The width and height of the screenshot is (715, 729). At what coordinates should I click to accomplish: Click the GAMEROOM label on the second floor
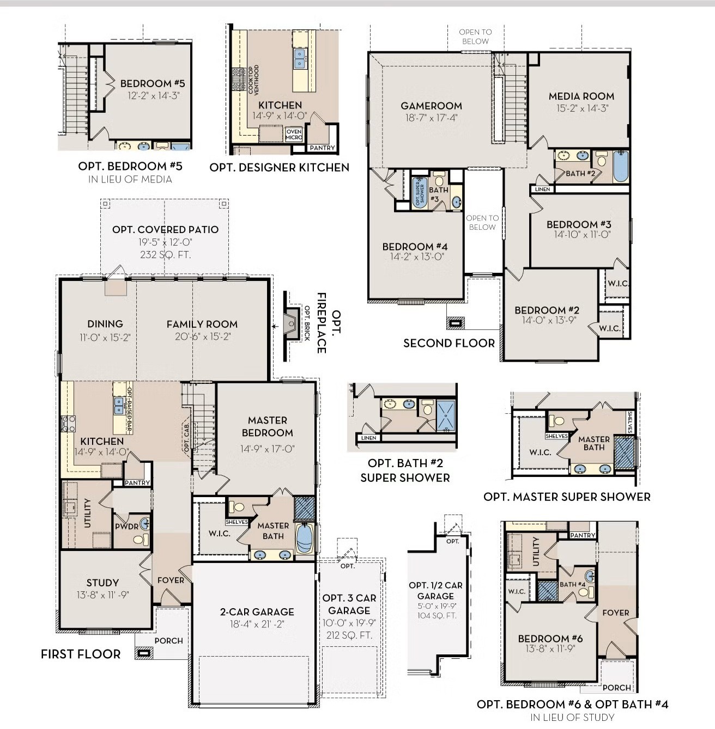tap(431, 106)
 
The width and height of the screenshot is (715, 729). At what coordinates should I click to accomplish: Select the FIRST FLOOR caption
tap(81, 654)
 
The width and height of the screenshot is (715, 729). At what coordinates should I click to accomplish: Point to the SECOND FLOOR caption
tap(449, 343)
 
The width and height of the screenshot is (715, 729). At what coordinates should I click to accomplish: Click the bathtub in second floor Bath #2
tap(620, 167)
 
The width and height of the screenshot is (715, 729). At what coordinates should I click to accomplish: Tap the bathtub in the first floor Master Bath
tap(304, 538)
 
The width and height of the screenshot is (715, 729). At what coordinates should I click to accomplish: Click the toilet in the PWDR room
tap(141, 540)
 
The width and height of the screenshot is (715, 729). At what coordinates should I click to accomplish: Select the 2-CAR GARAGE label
tap(257, 612)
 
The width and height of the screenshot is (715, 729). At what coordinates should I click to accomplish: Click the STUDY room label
tap(102, 583)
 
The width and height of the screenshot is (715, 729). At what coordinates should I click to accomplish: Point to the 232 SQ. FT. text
tap(165, 254)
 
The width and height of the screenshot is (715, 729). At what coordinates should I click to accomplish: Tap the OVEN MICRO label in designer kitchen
tap(294, 134)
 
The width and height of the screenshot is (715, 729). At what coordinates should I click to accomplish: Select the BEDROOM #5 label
tap(153, 83)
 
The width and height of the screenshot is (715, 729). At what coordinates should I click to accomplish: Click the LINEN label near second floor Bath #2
tap(542, 189)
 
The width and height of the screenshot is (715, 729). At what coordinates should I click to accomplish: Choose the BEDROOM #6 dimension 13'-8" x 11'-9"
tap(550, 648)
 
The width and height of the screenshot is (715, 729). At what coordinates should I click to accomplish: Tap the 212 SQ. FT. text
tap(349, 635)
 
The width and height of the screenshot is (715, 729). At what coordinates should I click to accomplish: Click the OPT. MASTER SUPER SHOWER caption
tap(567, 497)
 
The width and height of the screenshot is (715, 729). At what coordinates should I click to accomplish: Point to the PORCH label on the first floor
tap(168, 641)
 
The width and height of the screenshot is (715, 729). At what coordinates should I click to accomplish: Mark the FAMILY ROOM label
tap(202, 324)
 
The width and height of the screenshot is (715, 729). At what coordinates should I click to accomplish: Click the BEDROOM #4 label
tap(415, 247)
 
